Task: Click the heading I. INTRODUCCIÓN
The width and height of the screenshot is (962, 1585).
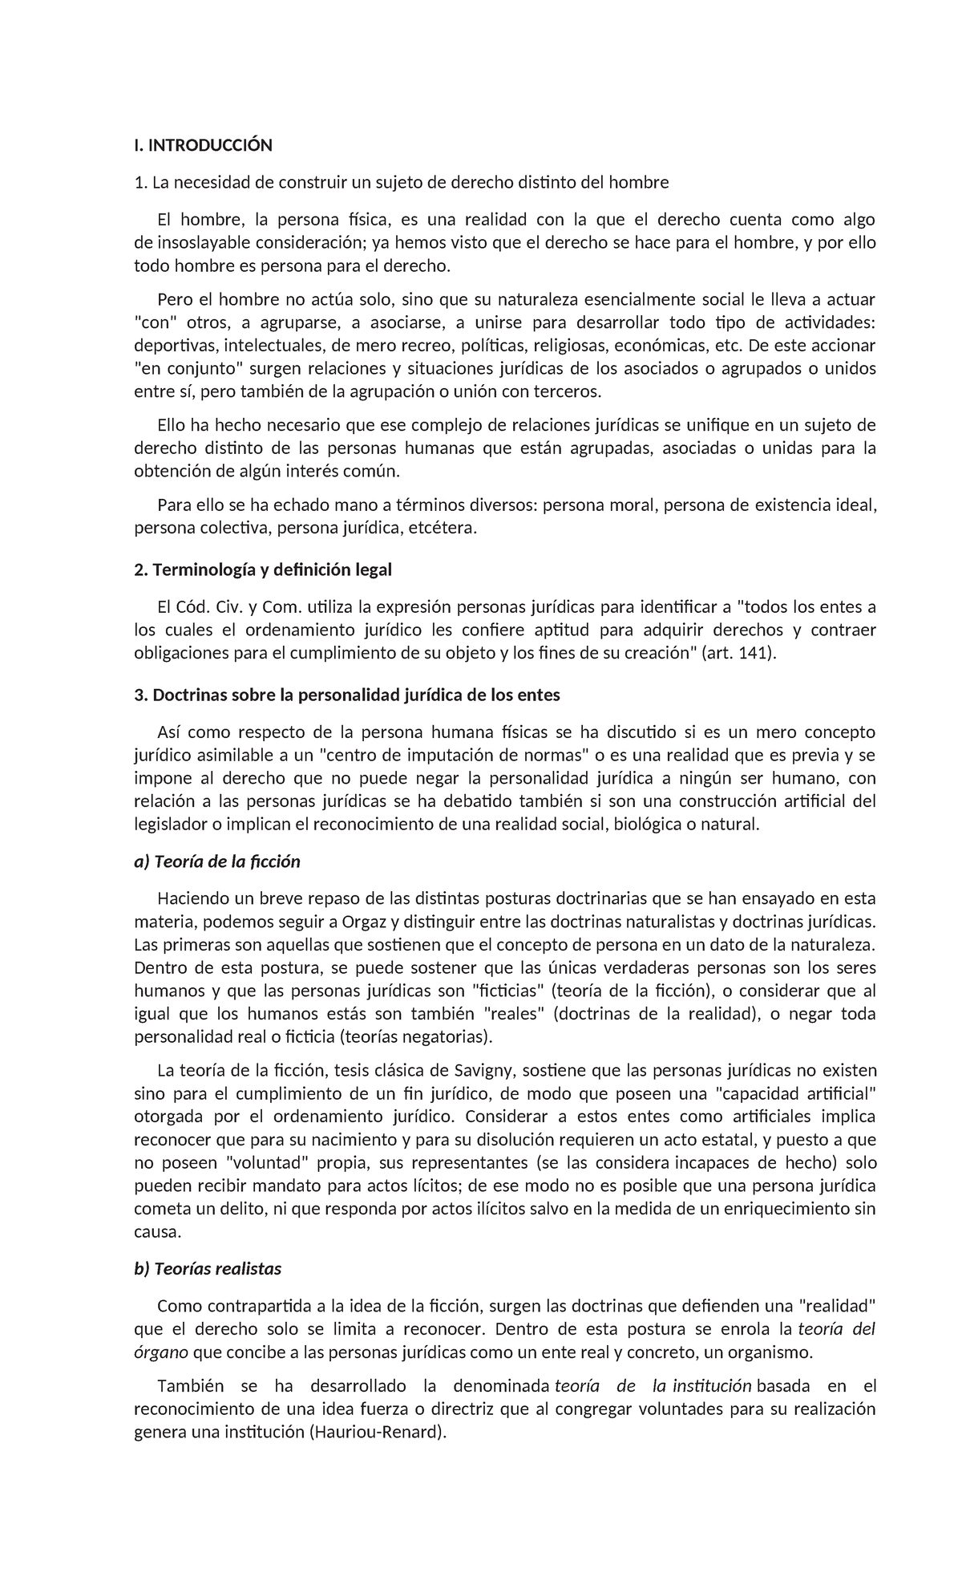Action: click(203, 145)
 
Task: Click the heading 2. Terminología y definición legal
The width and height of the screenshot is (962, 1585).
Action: click(263, 570)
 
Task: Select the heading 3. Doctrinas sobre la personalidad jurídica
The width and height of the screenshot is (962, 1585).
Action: click(346, 695)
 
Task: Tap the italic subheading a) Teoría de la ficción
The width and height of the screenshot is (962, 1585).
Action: click(216, 862)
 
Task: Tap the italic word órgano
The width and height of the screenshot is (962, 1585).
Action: click(160, 1353)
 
